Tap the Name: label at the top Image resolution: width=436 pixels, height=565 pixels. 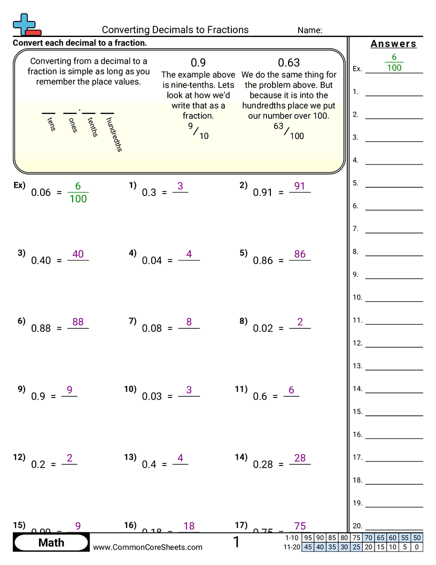coord(309,30)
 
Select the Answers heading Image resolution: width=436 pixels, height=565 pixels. coord(393,44)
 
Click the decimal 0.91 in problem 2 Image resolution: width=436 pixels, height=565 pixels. coord(263,193)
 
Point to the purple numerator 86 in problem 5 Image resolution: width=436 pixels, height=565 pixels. coord(300,254)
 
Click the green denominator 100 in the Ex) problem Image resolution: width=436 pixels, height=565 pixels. coord(78,199)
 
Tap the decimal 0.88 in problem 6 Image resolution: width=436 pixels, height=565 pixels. coord(41,329)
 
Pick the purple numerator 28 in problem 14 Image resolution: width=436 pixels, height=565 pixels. coord(300,457)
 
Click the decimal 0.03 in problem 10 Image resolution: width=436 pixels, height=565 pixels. coord(152,396)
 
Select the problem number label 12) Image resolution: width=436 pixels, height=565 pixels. coord(19,457)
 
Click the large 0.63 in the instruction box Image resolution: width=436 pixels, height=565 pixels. coord(289,63)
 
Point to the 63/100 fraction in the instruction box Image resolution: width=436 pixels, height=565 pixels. coord(289,131)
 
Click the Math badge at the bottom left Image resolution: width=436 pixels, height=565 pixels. coord(51,543)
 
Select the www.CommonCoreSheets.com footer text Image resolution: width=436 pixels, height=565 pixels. coord(148,547)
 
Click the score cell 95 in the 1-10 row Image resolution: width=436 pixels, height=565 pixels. coord(308,538)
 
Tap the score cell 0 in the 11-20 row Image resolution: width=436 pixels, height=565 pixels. coord(417,547)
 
